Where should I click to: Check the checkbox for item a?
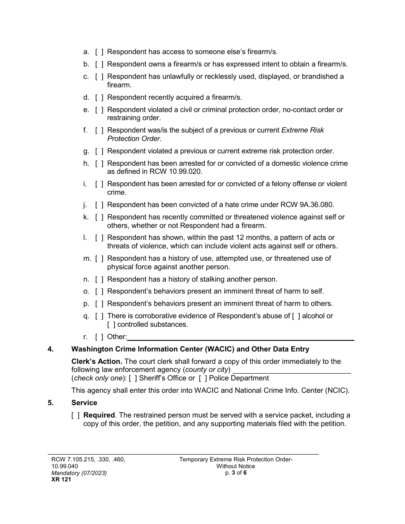(x=99, y=52)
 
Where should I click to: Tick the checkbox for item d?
(x=99, y=98)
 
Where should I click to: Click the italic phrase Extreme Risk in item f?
(x=303, y=130)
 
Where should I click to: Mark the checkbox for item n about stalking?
(x=99, y=279)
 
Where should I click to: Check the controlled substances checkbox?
(x=111, y=325)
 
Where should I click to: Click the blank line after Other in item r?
(x=240, y=337)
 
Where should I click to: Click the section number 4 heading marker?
(x=51, y=349)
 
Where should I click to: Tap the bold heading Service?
(x=84, y=403)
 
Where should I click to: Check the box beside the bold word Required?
(x=75, y=415)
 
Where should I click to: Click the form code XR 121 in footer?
(x=59, y=479)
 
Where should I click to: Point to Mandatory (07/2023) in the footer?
(x=79, y=473)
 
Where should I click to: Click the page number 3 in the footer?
(x=233, y=472)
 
